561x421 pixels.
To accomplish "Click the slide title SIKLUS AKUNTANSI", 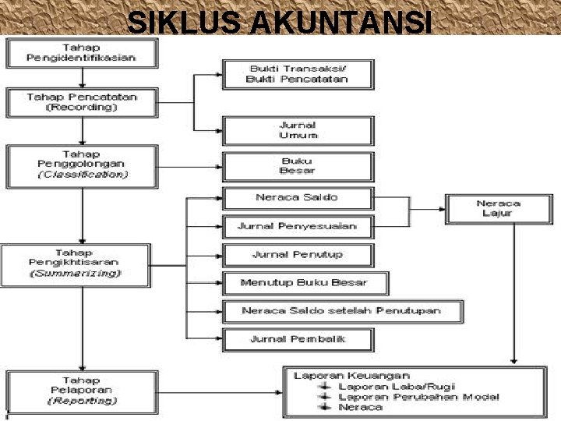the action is click(x=279, y=21).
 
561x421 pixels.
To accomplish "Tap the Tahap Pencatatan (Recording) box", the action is click(x=82, y=102).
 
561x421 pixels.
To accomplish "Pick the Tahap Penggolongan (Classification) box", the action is click(x=82, y=165).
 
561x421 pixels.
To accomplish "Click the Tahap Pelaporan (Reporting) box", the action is click(x=82, y=391).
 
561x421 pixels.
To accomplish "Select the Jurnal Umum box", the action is click(x=298, y=130).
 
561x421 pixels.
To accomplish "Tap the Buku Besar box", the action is click(x=298, y=165).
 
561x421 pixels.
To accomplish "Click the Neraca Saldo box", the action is click(x=298, y=198).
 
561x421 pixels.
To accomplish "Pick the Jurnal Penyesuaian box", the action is click(x=298, y=227).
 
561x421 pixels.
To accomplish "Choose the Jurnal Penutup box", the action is click(x=298, y=255).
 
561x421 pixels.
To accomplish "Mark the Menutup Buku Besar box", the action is click(x=304, y=282).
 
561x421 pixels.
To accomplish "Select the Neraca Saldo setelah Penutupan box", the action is click(x=342, y=311).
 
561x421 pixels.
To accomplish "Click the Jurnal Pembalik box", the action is click(x=298, y=339).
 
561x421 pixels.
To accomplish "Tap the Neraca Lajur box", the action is click(x=498, y=207).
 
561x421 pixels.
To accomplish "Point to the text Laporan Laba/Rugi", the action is click(x=397, y=386).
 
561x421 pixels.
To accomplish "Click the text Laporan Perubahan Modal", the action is click(x=419, y=397).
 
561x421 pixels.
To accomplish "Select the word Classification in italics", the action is click(x=82, y=175).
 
